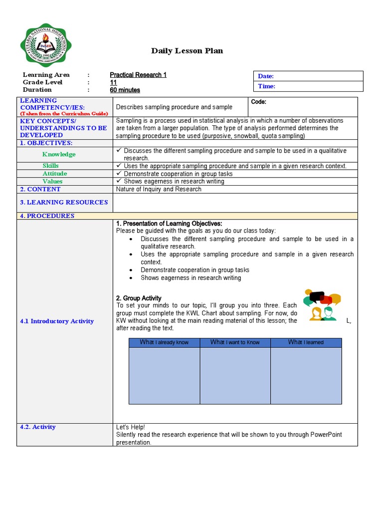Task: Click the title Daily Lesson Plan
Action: pyautogui.click(x=187, y=51)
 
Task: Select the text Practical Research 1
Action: pyautogui.click(x=138, y=75)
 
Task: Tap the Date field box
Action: pyautogui.click(x=308, y=76)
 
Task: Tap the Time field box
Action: pyautogui.click(x=308, y=86)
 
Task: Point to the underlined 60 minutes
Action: pyautogui.click(x=125, y=90)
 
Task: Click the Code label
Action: pyautogui.click(x=258, y=102)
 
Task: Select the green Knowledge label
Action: pyautogui.click(x=59, y=154)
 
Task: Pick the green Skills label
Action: pyautogui.click(x=50, y=166)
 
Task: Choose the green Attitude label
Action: pyautogui.click(x=55, y=174)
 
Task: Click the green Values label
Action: pyautogui.click(x=52, y=182)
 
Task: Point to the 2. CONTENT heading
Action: pyautogui.click(x=40, y=189)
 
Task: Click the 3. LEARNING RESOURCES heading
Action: pyautogui.click(x=64, y=202)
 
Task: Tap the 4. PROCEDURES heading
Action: pyautogui.click(x=47, y=216)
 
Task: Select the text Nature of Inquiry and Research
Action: pyautogui.click(x=159, y=189)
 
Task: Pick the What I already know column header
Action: pyautogui.click(x=164, y=342)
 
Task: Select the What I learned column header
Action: pyautogui.click(x=306, y=342)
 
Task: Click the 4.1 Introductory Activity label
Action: pyautogui.click(x=57, y=321)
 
